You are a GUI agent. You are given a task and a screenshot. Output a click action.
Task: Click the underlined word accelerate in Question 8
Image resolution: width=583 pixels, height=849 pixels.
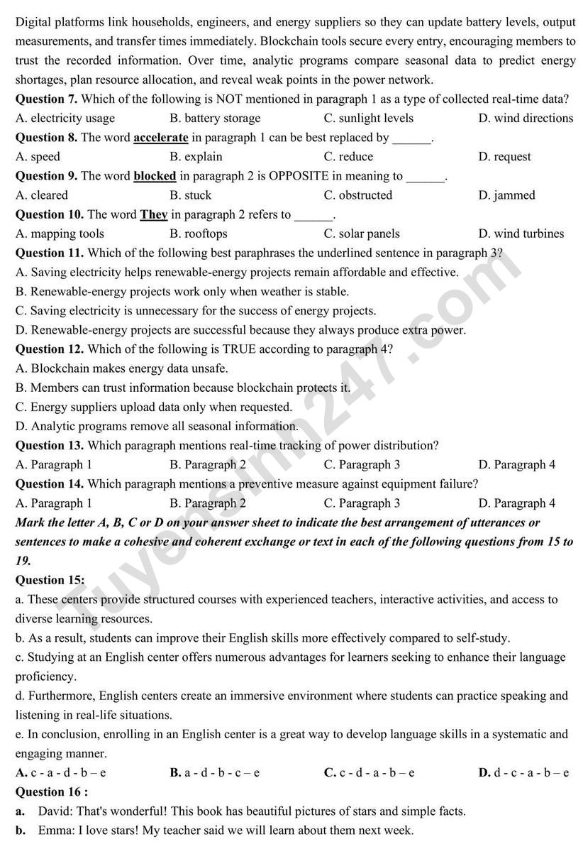(x=160, y=138)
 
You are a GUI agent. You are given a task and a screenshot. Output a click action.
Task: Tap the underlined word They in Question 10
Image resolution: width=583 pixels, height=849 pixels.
(x=153, y=214)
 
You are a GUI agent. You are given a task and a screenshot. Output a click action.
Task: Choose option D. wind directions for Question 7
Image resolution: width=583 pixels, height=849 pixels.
(x=526, y=119)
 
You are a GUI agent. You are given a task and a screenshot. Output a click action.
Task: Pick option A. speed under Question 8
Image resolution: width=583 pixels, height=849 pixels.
(x=38, y=157)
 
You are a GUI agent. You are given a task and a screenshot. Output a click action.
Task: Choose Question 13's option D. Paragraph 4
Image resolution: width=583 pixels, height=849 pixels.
(x=516, y=465)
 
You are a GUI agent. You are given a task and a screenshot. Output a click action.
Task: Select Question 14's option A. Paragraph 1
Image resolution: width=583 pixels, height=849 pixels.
(x=54, y=503)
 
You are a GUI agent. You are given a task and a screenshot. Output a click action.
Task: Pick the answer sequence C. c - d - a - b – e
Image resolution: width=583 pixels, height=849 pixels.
(x=369, y=772)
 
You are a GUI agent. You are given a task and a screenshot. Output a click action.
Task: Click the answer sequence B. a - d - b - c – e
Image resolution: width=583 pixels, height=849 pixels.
(x=215, y=772)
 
